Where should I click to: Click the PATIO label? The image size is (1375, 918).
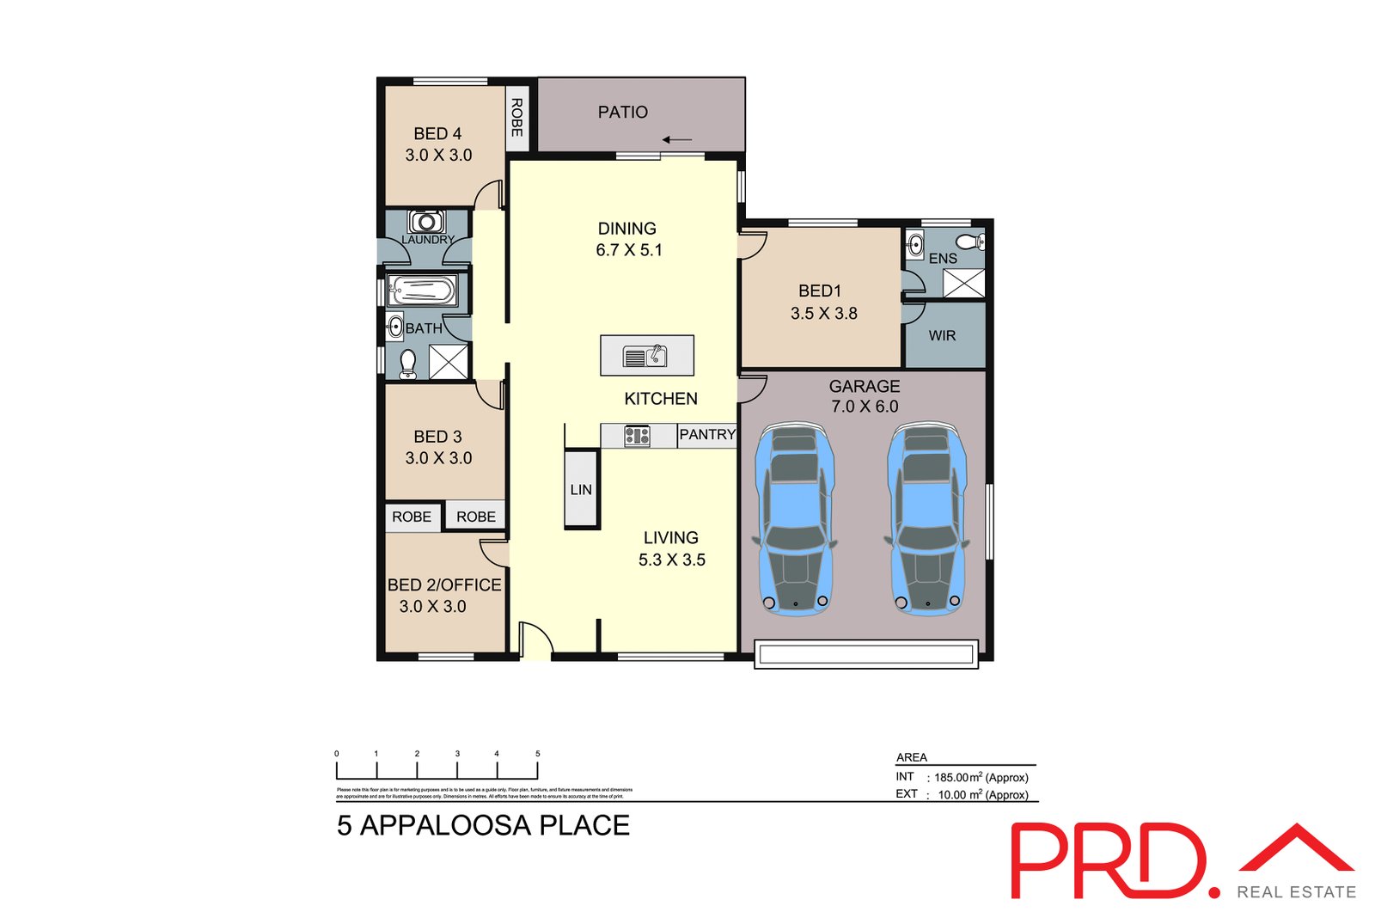[622, 112]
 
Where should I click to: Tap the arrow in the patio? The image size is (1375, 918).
[677, 140]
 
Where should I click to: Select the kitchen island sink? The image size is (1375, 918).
[645, 356]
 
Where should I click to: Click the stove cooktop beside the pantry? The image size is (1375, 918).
[637, 436]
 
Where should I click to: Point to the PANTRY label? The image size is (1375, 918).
[707, 435]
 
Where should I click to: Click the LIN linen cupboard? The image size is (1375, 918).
[581, 489]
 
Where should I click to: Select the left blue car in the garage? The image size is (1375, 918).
[795, 518]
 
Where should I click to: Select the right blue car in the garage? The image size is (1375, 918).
[926, 518]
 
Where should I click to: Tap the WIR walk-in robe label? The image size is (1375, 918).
[942, 336]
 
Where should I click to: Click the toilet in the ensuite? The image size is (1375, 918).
[971, 242]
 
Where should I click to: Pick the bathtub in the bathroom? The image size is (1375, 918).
[421, 291]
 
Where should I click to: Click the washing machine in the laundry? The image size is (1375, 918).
[425, 221]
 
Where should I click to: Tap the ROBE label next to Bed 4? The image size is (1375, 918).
[516, 117]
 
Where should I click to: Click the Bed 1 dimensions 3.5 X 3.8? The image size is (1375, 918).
[823, 314]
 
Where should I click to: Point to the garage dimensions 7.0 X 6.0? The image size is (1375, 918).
[865, 407]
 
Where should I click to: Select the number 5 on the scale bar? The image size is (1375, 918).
[538, 754]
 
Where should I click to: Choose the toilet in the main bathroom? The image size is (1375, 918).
[409, 364]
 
